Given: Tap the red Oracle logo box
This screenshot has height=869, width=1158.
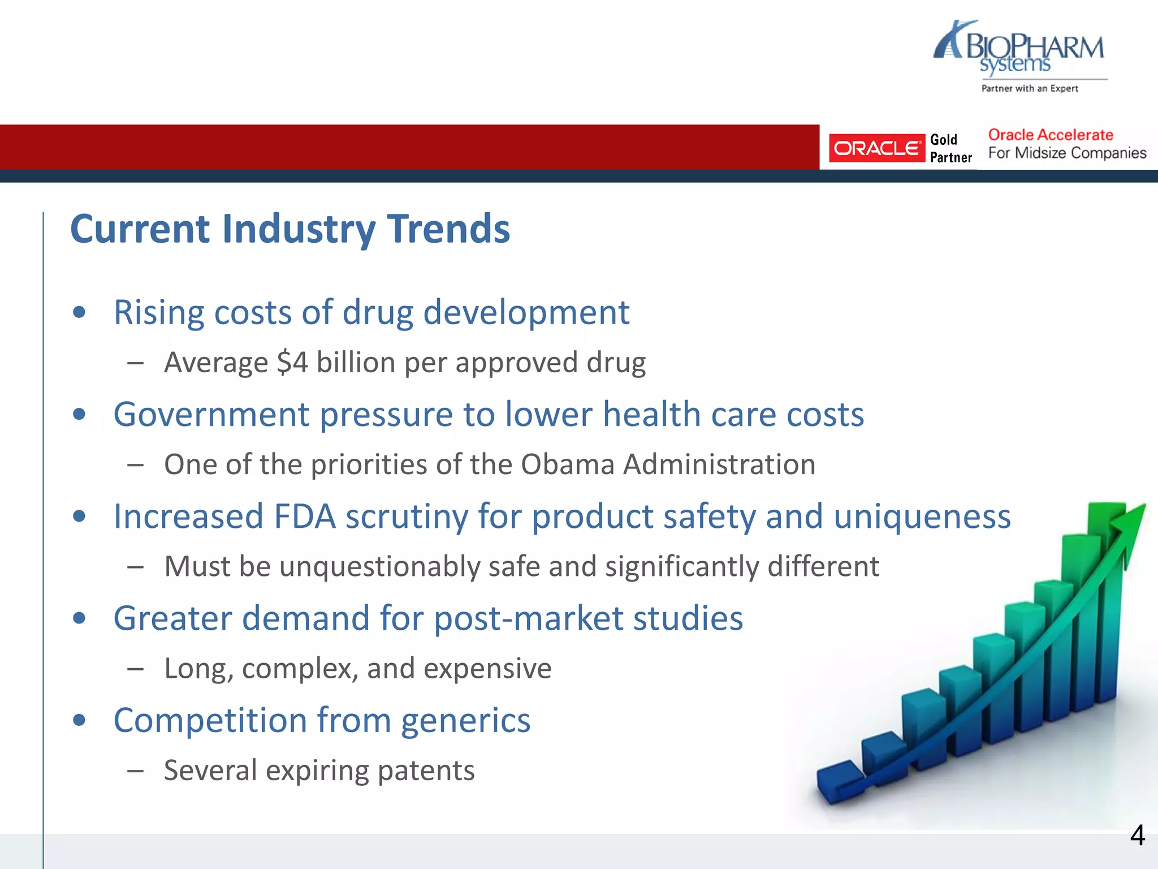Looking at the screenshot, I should click(x=876, y=148).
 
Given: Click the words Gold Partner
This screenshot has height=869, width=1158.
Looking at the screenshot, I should click(x=950, y=148).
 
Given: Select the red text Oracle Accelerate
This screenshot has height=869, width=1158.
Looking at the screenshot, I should click(x=1050, y=135).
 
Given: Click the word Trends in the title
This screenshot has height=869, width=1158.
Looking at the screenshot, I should click(x=448, y=229).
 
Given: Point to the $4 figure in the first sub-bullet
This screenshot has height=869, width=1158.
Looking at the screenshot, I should click(x=292, y=362).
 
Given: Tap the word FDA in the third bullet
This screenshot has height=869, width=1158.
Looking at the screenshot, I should click(x=304, y=517).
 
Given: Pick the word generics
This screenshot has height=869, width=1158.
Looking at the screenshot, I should click(x=465, y=721).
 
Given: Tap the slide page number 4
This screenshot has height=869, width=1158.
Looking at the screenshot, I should click(x=1137, y=835).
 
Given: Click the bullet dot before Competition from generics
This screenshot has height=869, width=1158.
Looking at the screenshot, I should click(x=79, y=720).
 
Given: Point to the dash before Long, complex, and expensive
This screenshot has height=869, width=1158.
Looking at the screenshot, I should click(x=135, y=669).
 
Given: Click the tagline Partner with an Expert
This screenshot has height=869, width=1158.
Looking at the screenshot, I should click(x=1029, y=88).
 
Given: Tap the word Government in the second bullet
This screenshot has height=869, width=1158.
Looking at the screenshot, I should click(x=211, y=414).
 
